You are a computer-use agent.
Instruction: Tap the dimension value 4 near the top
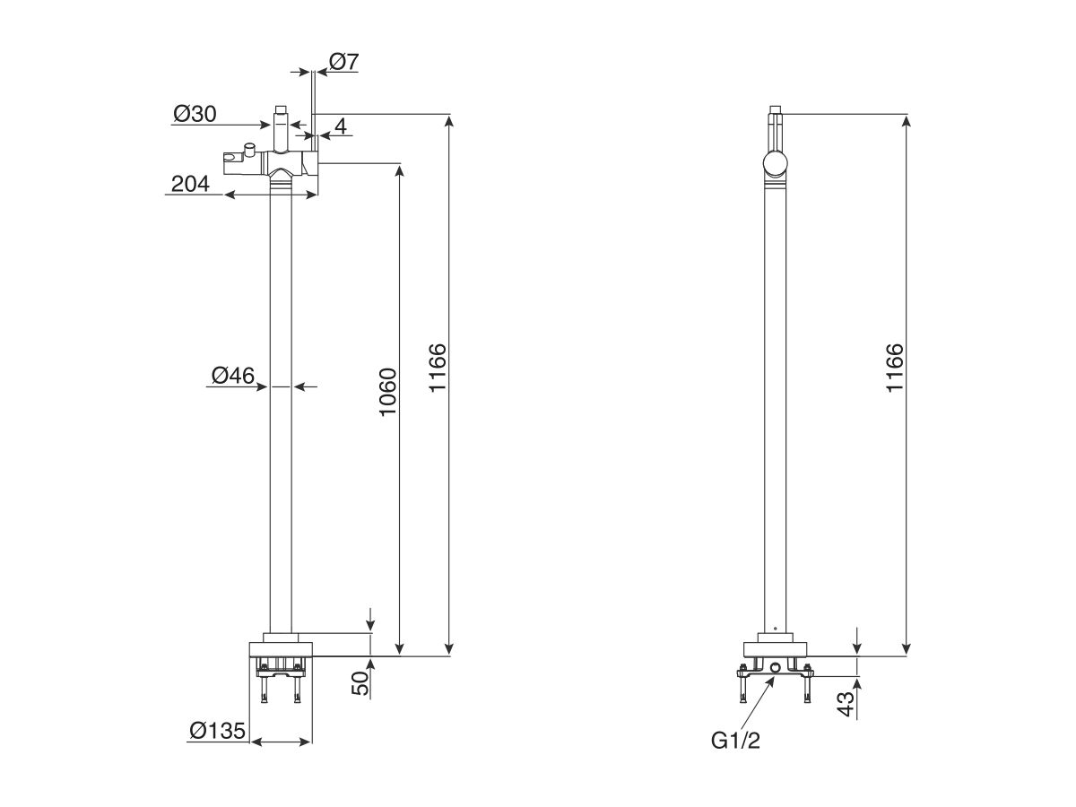coord(340,126)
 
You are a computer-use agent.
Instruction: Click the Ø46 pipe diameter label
coord(233,376)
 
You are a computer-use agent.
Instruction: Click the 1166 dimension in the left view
coord(437,368)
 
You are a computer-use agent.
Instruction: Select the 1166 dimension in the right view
coord(894,368)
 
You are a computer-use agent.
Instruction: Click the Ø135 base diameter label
coord(218,731)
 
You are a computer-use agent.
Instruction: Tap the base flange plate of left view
coord(281,649)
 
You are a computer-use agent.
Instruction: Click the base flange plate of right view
coord(776,650)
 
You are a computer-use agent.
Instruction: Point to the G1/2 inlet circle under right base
coord(776,666)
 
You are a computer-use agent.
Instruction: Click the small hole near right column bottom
coord(776,625)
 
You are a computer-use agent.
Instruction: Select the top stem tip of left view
coord(281,110)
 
